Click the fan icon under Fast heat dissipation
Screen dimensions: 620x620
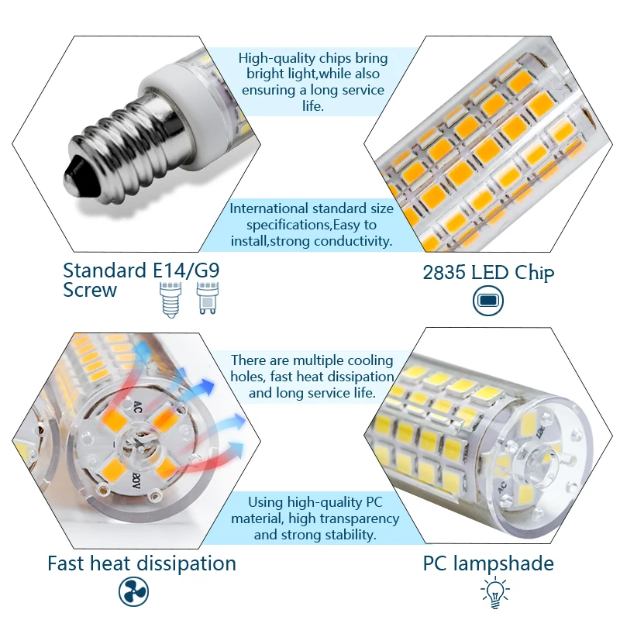click(x=133, y=592)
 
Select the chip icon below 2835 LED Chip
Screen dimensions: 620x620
click(x=488, y=300)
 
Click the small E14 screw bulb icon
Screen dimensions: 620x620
click(x=168, y=298)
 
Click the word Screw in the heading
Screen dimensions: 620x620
click(x=90, y=291)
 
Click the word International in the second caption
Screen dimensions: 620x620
click(x=269, y=208)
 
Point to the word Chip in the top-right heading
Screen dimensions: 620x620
click(x=535, y=273)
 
